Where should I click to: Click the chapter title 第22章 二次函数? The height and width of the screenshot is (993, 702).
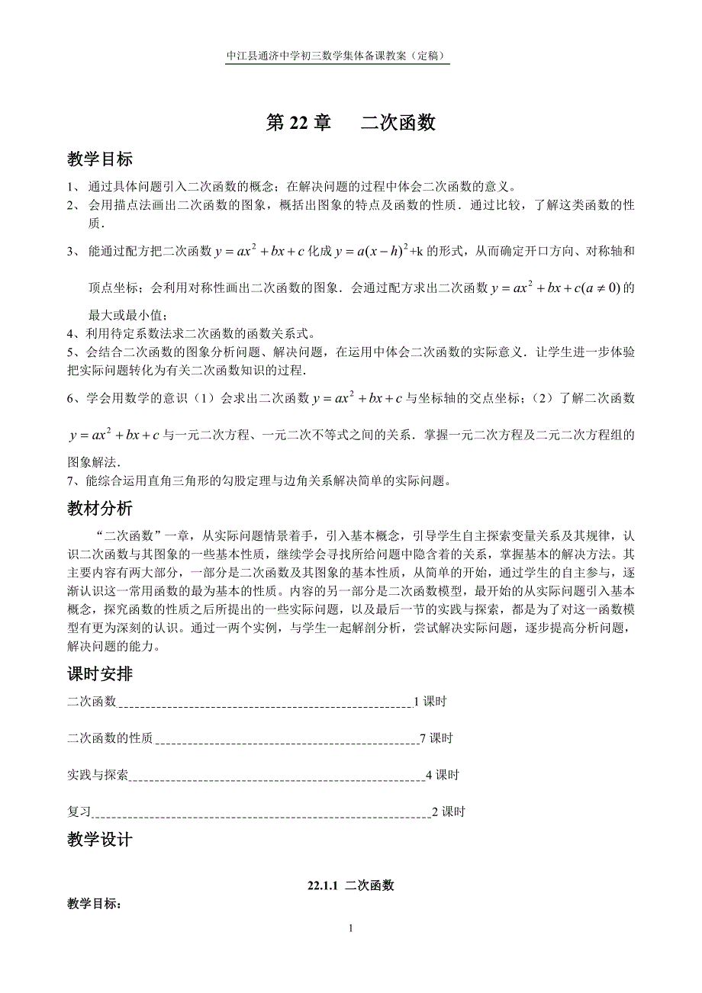[x=350, y=123]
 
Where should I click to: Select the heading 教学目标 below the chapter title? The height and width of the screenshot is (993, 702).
[x=100, y=159]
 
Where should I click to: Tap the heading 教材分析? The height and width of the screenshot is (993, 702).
[x=100, y=508]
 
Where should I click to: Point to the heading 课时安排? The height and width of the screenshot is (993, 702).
[x=100, y=673]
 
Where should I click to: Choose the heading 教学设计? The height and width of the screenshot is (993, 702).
[x=100, y=840]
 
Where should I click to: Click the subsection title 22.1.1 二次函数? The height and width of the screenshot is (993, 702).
[x=351, y=885]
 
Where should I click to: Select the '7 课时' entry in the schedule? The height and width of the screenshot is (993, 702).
[x=436, y=738]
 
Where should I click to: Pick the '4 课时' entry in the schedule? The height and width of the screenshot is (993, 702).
[x=443, y=775]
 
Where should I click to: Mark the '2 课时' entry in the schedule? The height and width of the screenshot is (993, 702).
[x=449, y=811]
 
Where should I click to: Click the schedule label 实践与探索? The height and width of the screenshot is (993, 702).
[x=98, y=775]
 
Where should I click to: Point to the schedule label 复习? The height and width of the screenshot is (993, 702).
[x=79, y=811]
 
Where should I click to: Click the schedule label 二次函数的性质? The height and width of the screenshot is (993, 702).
[x=110, y=738]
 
